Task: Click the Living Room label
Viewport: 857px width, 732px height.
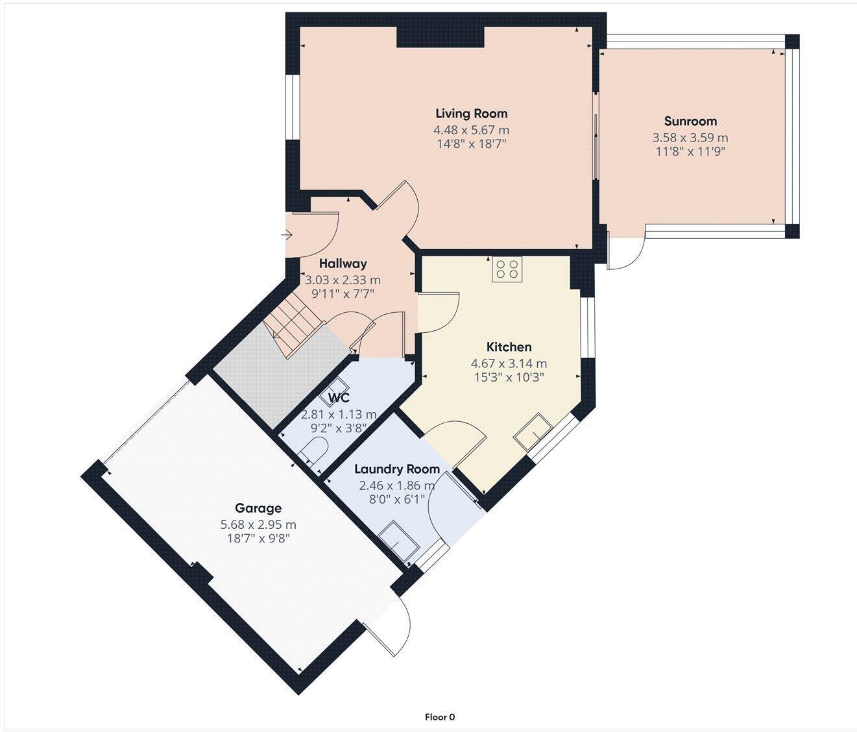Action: [x=471, y=114]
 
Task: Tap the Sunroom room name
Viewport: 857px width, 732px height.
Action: [x=690, y=121]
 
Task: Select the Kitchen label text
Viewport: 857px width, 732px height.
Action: [x=509, y=347]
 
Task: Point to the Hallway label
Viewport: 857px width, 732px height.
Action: [x=343, y=263]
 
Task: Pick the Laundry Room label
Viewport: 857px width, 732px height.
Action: [x=396, y=469]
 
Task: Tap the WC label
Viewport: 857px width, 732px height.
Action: [x=339, y=398]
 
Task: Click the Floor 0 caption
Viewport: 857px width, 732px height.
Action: [x=440, y=717]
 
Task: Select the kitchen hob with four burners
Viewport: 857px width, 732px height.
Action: [x=507, y=269]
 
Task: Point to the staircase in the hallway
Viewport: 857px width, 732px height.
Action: [x=293, y=328]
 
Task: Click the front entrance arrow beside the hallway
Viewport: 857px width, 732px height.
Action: [x=287, y=235]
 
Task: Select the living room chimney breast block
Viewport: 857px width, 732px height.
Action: [x=441, y=37]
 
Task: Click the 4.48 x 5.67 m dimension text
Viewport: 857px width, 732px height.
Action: [x=471, y=130]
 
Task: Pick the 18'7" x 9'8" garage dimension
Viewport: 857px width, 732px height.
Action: [x=258, y=539]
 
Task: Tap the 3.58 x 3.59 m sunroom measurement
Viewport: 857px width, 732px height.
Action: [x=690, y=138]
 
